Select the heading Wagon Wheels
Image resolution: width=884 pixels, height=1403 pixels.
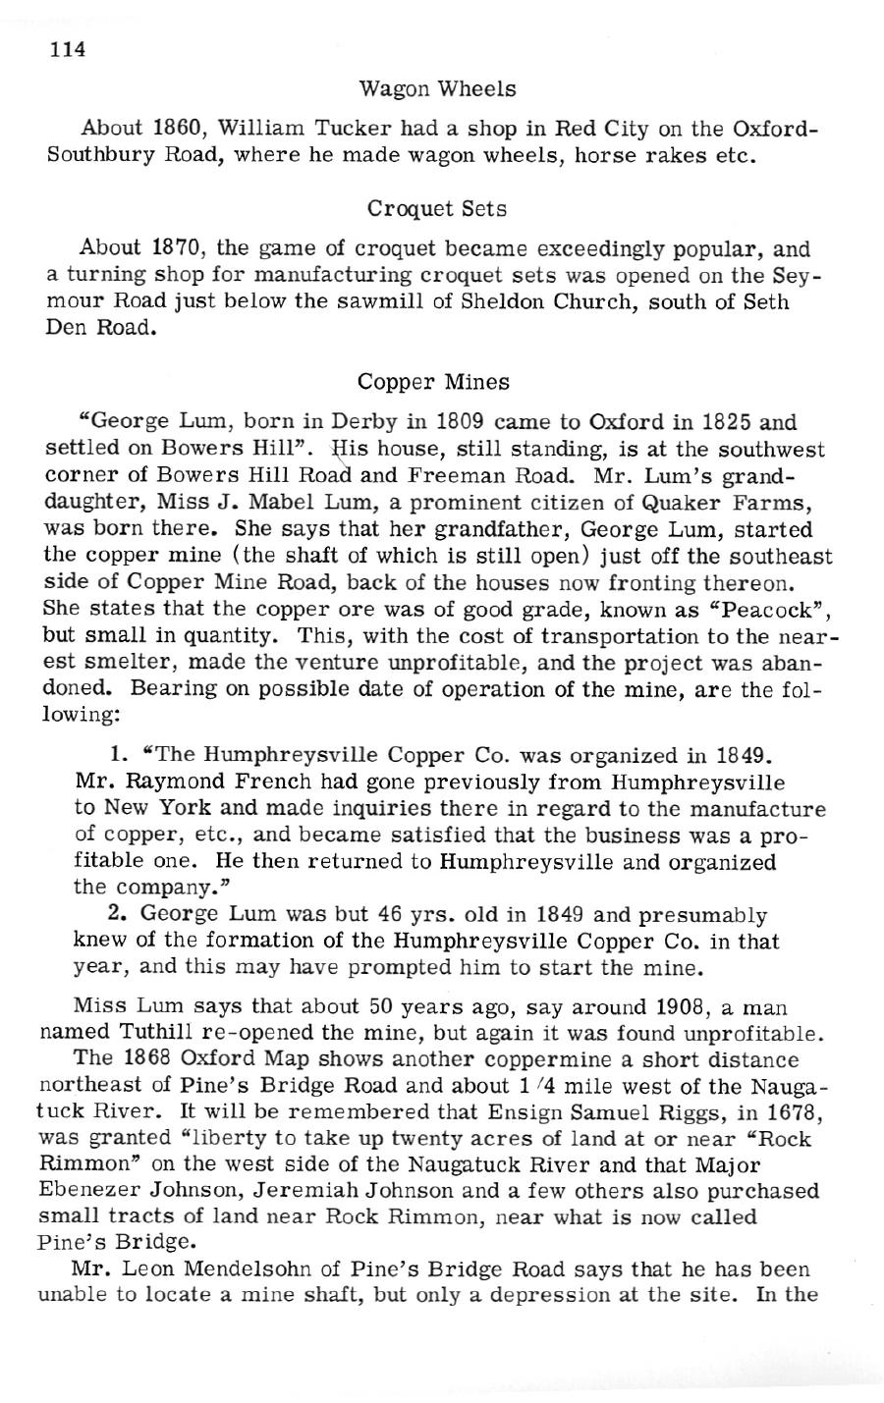pos(438,89)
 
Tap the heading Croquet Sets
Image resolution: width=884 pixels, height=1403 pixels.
pos(438,209)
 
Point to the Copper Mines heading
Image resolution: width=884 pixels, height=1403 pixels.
pos(433,381)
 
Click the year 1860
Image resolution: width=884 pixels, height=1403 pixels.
pos(178,129)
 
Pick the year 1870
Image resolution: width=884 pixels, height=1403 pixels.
pos(178,249)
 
